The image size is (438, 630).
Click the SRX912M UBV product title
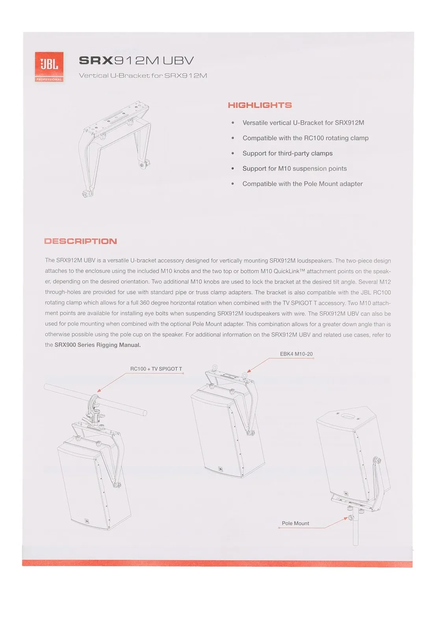pyautogui.click(x=136, y=61)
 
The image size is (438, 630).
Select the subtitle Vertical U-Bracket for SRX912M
pyautogui.click(x=143, y=76)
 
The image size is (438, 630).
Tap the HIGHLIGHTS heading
pyautogui.click(x=260, y=105)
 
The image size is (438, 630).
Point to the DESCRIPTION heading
pyautogui.click(x=81, y=241)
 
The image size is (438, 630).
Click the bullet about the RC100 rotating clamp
pyautogui.click(x=305, y=138)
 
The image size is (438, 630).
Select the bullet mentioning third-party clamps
pyautogui.click(x=288, y=154)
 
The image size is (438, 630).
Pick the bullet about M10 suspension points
pyautogui.click(x=295, y=169)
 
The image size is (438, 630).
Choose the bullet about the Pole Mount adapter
pyautogui.click(x=303, y=184)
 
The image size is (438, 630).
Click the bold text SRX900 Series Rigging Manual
pyautogui.click(x=98, y=345)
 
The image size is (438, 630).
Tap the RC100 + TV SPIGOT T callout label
pyautogui.click(x=156, y=369)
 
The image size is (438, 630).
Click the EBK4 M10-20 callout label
pyautogui.click(x=296, y=354)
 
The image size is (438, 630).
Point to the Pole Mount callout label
pyautogui.click(x=295, y=523)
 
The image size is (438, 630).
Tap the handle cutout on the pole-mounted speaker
pyautogui.click(x=347, y=416)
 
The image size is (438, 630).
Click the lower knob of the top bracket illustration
pyautogui.click(x=86, y=194)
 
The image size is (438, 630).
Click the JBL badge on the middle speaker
pyautogui.click(x=220, y=469)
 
